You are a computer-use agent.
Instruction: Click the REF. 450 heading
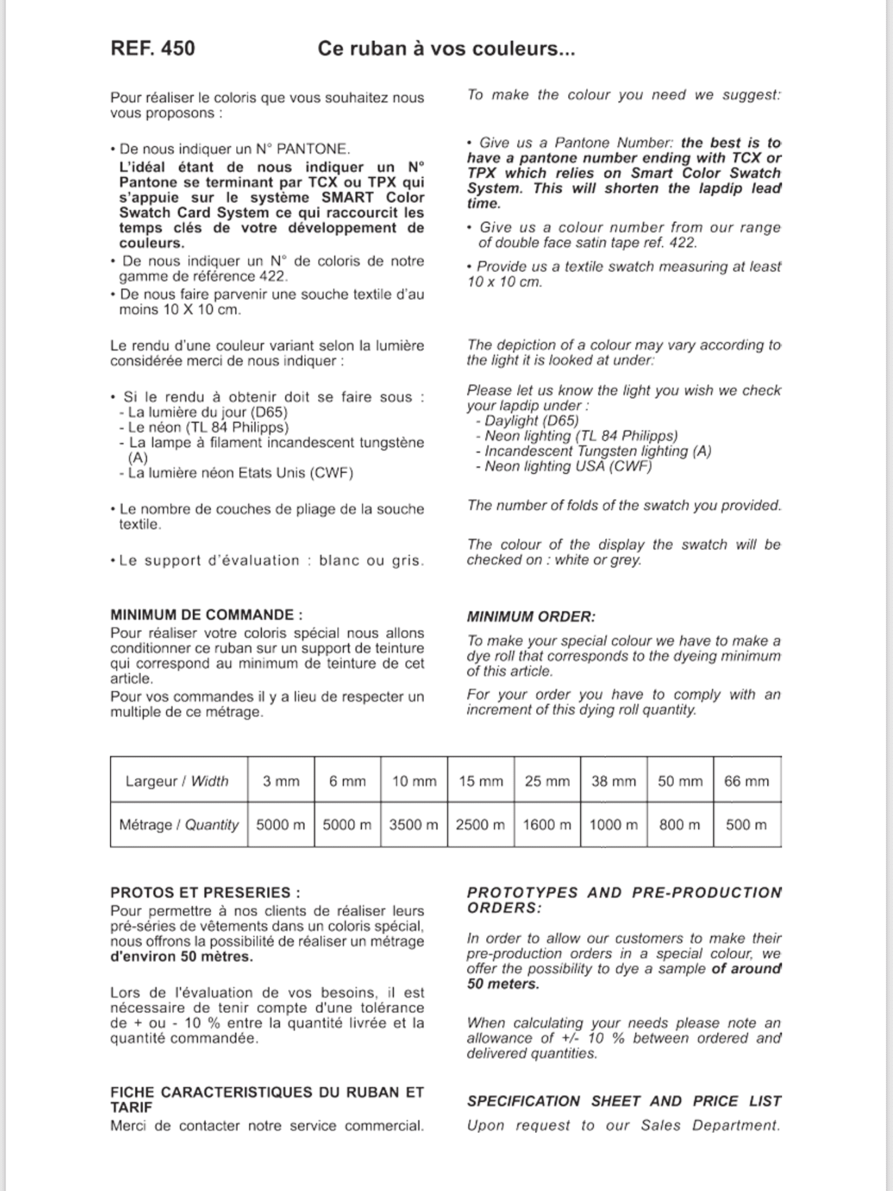tap(153, 48)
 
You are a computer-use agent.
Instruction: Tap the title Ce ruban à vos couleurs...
tap(446, 48)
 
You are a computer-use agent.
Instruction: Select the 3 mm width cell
tap(281, 781)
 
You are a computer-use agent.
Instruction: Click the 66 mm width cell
tap(747, 781)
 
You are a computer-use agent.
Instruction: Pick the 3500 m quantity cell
tap(413, 824)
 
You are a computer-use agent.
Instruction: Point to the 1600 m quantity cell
tap(547, 824)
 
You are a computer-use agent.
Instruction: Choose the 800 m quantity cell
tap(680, 824)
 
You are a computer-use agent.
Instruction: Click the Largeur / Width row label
tap(177, 781)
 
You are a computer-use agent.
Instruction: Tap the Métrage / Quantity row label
tap(179, 824)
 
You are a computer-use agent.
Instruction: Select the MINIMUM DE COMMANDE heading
tap(206, 615)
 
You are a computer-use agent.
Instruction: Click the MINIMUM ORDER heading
tap(531, 617)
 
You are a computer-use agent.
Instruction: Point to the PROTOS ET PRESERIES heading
tap(205, 892)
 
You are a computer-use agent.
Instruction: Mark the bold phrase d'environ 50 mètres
tap(182, 957)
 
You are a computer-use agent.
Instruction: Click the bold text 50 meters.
tap(502, 984)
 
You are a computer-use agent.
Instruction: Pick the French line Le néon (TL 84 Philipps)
tap(208, 427)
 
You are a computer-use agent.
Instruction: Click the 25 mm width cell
tap(547, 781)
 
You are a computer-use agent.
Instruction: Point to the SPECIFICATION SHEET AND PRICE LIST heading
tap(624, 1101)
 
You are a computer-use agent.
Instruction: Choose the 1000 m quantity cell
tap(613, 824)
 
